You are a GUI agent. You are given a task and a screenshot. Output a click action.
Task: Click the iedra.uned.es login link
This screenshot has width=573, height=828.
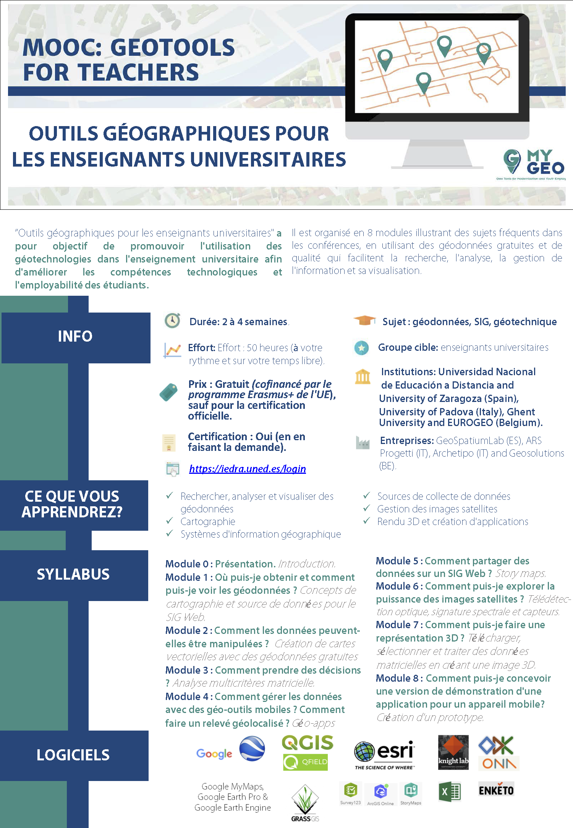247,469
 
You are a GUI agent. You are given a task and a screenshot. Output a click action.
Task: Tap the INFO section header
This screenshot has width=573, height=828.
75,337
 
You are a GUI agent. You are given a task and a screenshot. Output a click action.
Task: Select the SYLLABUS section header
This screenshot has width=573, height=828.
73,575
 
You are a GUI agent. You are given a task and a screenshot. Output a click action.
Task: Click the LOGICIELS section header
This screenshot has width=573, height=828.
73,755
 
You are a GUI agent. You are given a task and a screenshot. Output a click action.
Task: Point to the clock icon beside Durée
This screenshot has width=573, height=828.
172,321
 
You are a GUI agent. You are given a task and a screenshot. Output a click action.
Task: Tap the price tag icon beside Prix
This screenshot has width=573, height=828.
168,392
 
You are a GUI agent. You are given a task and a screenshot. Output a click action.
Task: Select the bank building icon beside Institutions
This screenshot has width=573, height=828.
363,377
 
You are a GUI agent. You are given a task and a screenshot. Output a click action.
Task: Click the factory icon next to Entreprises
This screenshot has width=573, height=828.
363,442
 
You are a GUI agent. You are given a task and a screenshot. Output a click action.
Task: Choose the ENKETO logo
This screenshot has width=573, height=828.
496,790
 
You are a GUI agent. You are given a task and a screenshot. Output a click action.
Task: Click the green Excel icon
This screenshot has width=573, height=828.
450,792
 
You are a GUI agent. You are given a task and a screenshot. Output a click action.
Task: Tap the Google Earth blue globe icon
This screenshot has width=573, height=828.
252,749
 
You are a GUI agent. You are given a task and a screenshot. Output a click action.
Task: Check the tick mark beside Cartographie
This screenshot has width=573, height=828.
170,521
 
